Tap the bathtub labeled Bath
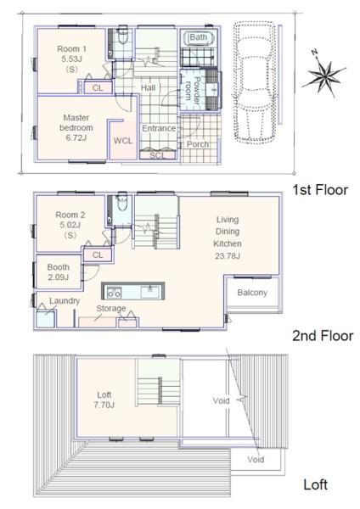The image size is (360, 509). click(198, 38)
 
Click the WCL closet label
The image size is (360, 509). click(123, 141)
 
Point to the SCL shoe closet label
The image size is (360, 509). click(158, 156)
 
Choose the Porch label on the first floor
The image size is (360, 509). click(198, 144)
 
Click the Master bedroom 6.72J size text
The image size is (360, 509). click(76, 138)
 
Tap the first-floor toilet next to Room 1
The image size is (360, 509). click(123, 36)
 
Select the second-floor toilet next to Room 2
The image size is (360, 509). click(122, 203)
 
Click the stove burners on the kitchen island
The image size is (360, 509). click(114, 292)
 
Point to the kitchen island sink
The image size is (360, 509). click(150, 292)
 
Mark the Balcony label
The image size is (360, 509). click(252, 293)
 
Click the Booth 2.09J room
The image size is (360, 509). click(59, 272)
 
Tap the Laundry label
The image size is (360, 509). click(65, 301)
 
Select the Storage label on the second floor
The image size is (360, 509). click(110, 309)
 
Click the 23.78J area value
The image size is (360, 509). click(228, 256)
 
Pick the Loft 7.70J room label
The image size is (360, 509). click(104, 400)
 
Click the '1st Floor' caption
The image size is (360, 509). click(320, 190)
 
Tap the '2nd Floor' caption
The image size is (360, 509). click(323, 336)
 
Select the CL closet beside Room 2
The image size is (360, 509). click(98, 255)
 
